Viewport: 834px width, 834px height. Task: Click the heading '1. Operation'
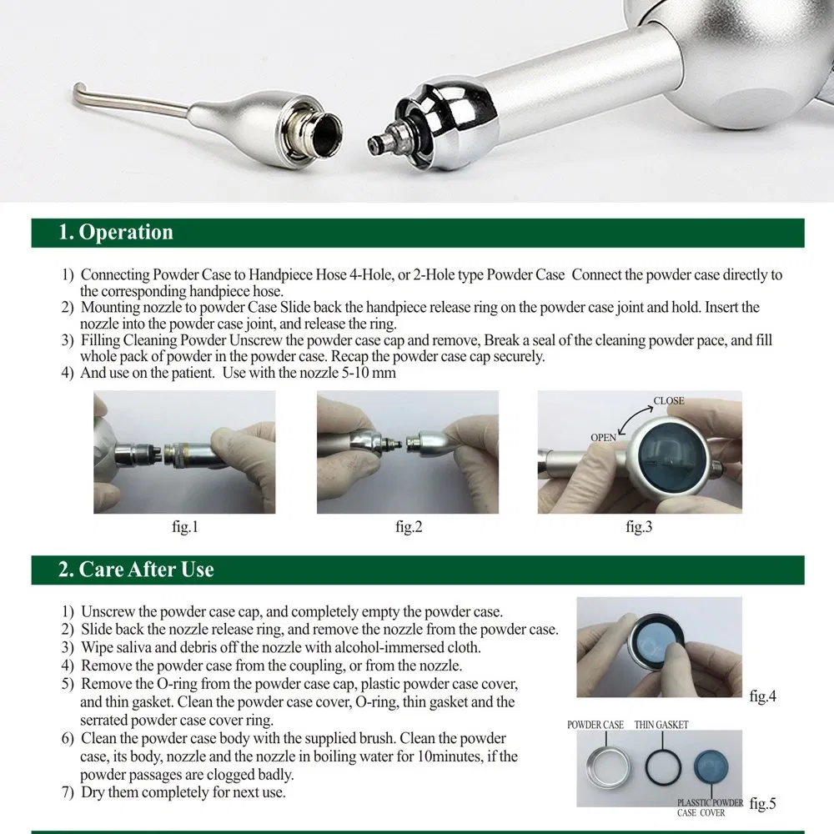(115, 233)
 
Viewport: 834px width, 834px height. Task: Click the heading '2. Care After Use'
(136, 570)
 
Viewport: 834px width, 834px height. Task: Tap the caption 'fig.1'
(184, 528)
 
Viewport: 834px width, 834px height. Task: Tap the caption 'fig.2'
(408, 528)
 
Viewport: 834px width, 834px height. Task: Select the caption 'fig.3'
(638, 528)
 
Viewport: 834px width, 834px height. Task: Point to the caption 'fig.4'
(762, 696)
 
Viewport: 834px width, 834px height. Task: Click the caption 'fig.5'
(762, 804)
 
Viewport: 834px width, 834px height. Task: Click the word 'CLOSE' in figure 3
(668, 401)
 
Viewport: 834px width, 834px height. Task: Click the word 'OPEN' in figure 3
(603, 437)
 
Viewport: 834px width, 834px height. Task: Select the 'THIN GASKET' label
(661, 725)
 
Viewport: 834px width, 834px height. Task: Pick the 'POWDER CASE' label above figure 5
(595, 725)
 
